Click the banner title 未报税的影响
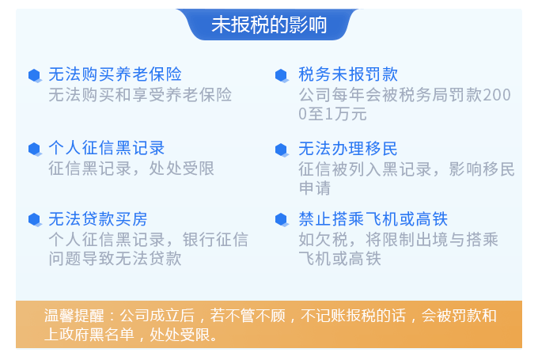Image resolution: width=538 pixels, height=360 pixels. click(x=269, y=25)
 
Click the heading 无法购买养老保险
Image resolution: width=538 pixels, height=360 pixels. click(x=115, y=74)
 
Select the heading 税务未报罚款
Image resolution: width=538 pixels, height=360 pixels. click(x=348, y=74)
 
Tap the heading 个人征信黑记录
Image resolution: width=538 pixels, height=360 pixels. click(x=106, y=148)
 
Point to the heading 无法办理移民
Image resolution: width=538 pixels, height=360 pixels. click(x=348, y=149)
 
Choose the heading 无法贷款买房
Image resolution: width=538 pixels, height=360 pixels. click(x=98, y=219)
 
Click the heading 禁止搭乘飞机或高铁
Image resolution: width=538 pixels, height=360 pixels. click(x=373, y=219)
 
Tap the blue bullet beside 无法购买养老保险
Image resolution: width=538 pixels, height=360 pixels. click(x=35, y=75)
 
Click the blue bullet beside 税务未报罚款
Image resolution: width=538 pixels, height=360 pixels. click(x=282, y=75)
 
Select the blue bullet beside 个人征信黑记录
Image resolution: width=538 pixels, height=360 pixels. click(x=35, y=150)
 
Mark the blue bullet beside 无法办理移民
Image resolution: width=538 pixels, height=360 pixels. click(x=282, y=150)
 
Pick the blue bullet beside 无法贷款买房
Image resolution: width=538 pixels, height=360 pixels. click(x=35, y=220)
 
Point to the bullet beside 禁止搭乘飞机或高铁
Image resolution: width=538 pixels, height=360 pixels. click(x=282, y=220)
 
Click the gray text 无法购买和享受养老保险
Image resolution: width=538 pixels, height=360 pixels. click(x=140, y=95)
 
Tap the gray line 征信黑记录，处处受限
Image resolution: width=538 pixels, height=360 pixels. click(x=131, y=169)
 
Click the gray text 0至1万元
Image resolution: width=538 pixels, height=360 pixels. click(x=332, y=114)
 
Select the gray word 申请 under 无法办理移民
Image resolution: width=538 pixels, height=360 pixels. click(x=315, y=188)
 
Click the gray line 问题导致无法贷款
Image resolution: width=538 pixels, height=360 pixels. click(x=115, y=259)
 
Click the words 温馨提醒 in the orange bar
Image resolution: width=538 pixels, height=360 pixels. click(x=74, y=316)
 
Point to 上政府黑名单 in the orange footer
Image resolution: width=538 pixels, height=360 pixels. click(x=89, y=334)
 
